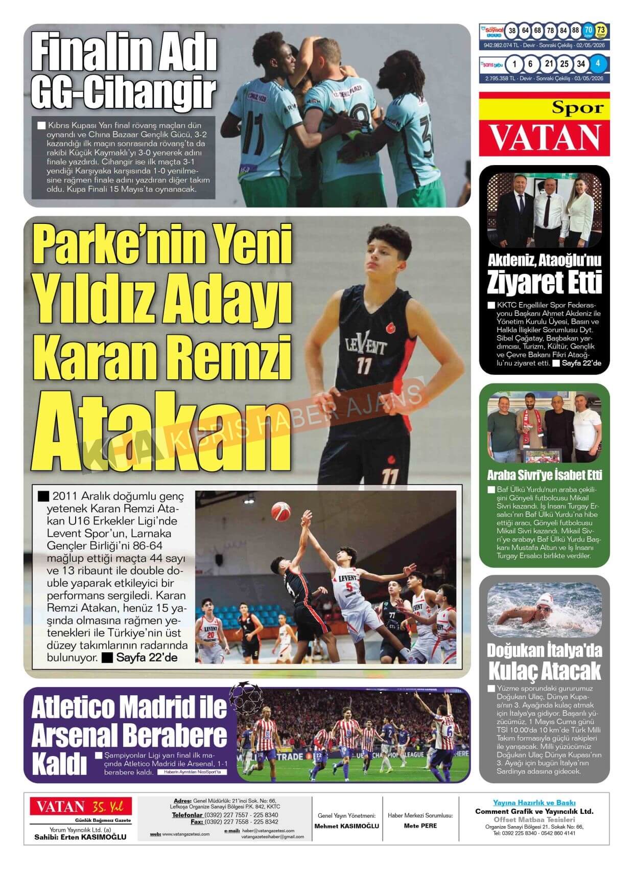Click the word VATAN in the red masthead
click(544, 136)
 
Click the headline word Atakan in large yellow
click(158, 431)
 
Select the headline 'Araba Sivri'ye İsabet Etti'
click(544, 475)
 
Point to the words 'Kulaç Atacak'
click(544, 671)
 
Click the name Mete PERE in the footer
click(420, 826)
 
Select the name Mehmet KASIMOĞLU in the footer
click(346, 826)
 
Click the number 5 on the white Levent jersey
click(349, 586)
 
